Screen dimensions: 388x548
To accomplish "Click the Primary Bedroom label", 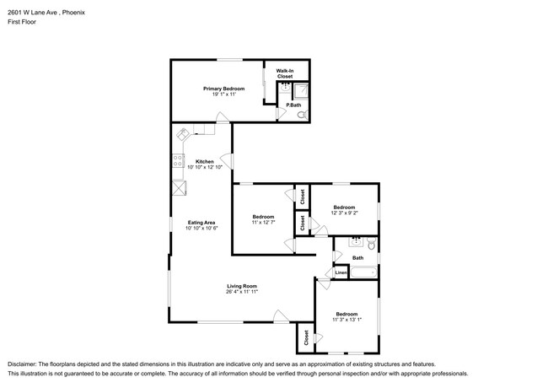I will click(223, 89).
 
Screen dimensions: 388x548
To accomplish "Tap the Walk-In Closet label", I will click(285, 73).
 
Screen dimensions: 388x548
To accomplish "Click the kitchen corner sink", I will click(183, 132).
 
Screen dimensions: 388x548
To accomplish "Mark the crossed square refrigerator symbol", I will click(179, 188).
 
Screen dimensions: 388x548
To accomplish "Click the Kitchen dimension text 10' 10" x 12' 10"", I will click(204, 167).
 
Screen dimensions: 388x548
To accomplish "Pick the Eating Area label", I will click(202, 222).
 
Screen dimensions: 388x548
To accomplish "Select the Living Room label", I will click(241, 286).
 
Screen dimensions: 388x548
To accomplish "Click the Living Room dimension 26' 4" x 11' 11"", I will click(241, 292).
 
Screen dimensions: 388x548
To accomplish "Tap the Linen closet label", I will click(341, 272).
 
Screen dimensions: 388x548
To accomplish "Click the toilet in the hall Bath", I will click(370, 244).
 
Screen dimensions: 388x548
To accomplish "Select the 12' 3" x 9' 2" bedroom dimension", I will click(343, 213).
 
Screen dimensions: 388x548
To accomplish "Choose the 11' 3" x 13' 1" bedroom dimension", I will click(346, 318).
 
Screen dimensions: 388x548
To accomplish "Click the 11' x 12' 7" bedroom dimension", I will click(263, 223).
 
